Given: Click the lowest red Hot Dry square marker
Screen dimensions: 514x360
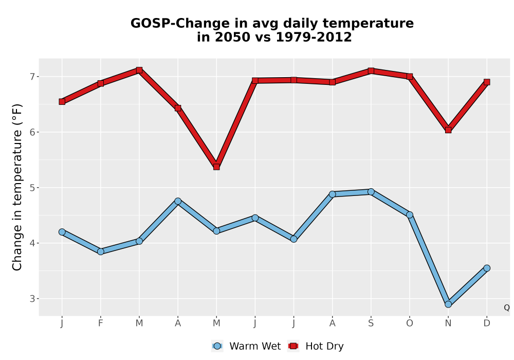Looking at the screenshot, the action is coord(216,167).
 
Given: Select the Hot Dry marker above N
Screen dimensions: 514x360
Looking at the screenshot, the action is coord(448,130).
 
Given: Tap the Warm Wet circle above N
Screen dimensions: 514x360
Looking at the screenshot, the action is coord(448,304).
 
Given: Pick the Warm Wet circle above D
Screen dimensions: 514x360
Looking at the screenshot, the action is coord(487,268).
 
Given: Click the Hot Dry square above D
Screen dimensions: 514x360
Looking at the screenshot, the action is coord(487,82).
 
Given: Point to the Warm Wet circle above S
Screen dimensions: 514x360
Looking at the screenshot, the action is coord(371,192).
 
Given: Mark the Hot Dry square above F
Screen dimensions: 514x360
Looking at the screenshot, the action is coord(101,83).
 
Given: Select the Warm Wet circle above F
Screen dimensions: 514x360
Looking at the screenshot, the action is coord(101,251).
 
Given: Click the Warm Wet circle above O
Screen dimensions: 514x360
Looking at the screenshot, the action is coord(410,215).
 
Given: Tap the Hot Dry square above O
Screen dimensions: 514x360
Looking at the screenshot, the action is coord(410,77).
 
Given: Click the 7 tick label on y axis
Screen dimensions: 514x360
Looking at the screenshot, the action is coord(32,77).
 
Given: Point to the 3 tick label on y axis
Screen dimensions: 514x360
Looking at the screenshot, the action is coord(32,299).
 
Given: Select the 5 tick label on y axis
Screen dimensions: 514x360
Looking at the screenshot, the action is coord(32,188).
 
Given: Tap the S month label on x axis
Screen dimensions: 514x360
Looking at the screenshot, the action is coord(371,323).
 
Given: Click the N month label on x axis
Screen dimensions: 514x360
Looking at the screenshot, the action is coord(448,323).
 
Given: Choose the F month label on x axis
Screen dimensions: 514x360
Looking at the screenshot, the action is coord(101,323).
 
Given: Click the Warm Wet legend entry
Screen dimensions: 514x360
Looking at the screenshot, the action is coord(246,346).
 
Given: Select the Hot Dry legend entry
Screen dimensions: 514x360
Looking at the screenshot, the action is coord(316,346).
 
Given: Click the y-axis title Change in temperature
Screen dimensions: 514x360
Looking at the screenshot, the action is coord(17,187).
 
